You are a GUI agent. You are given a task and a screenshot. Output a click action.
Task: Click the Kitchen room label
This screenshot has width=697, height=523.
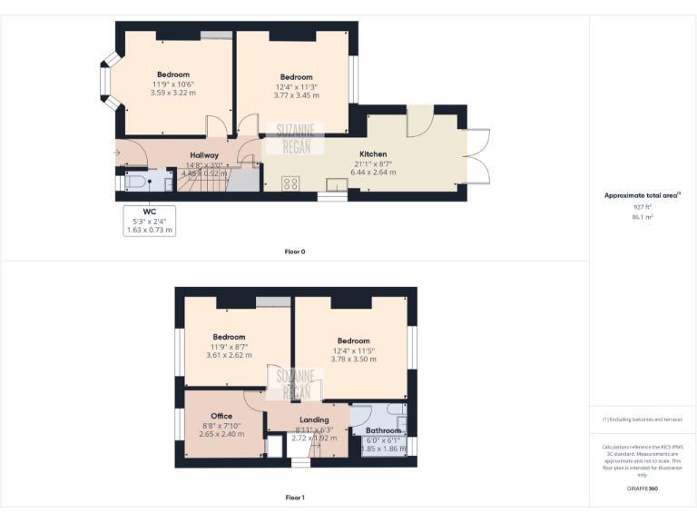(x=373, y=154)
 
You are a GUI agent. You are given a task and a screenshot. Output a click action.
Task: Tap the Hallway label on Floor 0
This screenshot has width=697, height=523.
(x=204, y=155)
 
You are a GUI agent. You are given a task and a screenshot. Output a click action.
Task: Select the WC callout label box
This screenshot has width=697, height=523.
(x=150, y=220)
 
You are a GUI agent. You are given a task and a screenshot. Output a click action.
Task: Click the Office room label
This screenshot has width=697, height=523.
(x=221, y=416)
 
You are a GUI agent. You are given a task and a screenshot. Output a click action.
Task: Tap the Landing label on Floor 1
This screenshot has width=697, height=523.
(x=314, y=419)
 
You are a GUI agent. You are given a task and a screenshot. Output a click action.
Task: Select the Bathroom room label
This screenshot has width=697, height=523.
(x=383, y=430)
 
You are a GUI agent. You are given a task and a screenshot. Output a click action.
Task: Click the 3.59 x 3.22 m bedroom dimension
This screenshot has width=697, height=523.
(x=172, y=93)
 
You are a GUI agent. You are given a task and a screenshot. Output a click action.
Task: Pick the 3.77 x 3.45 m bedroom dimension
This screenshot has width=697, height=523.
(x=297, y=95)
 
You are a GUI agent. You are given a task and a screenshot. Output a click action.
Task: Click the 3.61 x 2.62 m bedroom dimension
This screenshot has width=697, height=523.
(x=229, y=356)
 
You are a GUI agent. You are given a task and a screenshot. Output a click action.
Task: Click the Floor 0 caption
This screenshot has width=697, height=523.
(x=295, y=252)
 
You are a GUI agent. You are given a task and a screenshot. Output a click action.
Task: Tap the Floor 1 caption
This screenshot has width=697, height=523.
(x=295, y=498)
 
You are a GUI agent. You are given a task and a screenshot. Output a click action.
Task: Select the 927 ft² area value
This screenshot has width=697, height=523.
(x=642, y=208)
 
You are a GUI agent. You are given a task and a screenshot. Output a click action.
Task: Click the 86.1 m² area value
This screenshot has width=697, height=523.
(x=642, y=217)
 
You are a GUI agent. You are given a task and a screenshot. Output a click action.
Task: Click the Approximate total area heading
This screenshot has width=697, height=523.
(x=641, y=195)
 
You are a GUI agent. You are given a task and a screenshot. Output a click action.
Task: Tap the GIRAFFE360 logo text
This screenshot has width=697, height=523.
(x=642, y=488)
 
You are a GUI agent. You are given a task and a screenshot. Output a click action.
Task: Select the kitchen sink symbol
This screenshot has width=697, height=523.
(x=338, y=185)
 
